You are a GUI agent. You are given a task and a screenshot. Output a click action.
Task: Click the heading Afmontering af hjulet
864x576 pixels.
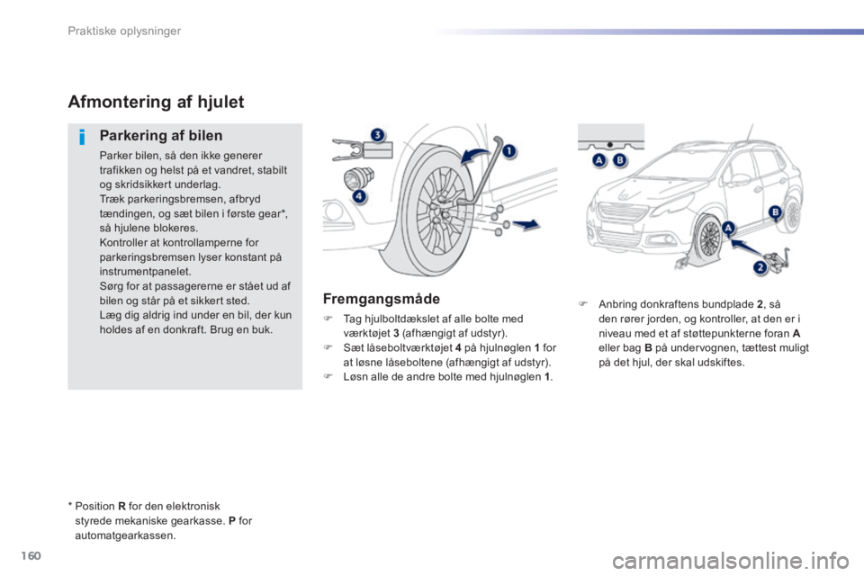point(156,102)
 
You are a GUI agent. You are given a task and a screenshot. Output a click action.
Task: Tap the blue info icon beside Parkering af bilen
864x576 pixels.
point(82,136)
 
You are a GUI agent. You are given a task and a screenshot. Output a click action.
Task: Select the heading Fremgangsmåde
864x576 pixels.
point(382,300)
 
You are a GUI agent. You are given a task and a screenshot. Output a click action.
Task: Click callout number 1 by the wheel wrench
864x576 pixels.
point(508,150)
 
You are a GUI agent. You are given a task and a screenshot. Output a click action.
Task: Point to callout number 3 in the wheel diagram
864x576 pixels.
point(377,135)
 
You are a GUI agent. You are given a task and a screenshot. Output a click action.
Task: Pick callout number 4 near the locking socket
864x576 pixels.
point(359,196)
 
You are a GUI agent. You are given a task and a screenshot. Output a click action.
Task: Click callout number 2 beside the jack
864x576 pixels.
point(760,267)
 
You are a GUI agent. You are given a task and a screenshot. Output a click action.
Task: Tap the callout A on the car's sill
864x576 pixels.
point(729,229)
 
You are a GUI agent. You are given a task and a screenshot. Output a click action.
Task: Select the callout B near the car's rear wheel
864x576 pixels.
point(775,212)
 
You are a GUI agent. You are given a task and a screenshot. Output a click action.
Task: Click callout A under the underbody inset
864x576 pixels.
point(599,160)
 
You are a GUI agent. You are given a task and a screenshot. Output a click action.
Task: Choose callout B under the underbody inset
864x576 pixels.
point(620,160)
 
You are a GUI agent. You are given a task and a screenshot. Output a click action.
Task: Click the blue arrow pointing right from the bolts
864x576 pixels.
point(526,223)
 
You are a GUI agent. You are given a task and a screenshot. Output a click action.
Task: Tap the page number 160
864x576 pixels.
point(31,555)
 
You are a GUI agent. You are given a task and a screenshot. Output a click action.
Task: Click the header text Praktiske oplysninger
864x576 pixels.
point(124,31)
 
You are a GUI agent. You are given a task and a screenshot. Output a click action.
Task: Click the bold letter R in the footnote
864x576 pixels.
point(121,506)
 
